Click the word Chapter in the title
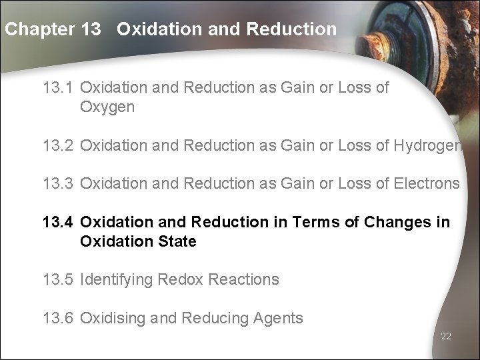tap(39, 29)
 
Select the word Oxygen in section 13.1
tap(107, 107)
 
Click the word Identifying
tap(117, 279)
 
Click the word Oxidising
tap(111, 318)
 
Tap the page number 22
tap(446, 337)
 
